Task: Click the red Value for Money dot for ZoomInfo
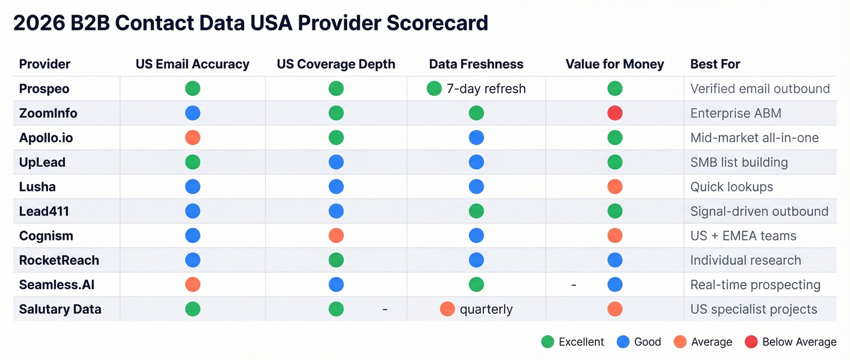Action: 614,113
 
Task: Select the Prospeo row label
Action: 44,89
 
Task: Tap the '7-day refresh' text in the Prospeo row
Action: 486,89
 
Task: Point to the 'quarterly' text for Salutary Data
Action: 486,309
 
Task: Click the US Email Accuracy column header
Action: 192,64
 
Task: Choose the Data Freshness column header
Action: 476,64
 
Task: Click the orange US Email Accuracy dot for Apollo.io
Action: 192,138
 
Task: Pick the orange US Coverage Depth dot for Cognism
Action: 336,236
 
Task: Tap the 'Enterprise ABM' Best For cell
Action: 735,113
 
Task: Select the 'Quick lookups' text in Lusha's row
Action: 732,187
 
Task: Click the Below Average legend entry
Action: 799,342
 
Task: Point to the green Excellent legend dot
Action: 548,342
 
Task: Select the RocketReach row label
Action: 59,260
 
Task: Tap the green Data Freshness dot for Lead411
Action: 476,211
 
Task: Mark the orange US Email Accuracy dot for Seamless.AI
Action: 192,285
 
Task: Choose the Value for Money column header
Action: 614,64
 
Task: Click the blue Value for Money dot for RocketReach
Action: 614,260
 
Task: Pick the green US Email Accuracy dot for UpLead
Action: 192,162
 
